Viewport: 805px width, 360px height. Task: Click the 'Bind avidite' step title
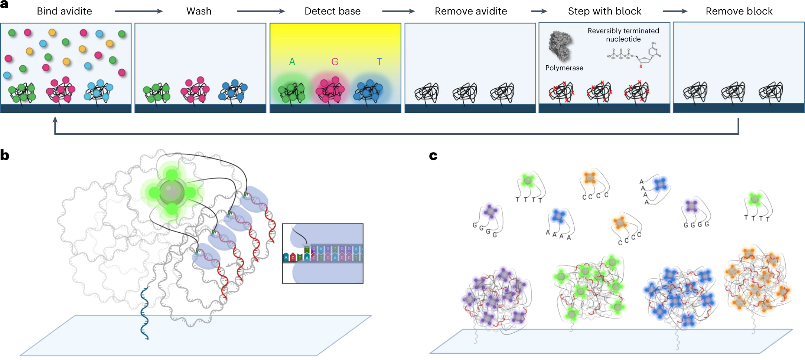pyautogui.click(x=64, y=11)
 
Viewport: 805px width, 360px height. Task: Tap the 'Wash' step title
pyautogui.click(x=199, y=11)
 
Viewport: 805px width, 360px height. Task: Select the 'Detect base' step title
pyautogui.click(x=332, y=11)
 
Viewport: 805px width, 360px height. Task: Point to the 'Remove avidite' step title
pyautogui.click(x=470, y=11)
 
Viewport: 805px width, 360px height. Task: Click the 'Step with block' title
pyautogui.click(x=604, y=11)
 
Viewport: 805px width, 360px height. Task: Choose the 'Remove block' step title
pyautogui.click(x=739, y=11)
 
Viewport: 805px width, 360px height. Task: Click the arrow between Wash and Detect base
pyautogui.click(x=261, y=11)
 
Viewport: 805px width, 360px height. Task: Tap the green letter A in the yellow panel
pyautogui.click(x=292, y=62)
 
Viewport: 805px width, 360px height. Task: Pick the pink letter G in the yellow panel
pyautogui.click(x=335, y=62)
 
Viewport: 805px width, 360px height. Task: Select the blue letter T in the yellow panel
pyautogui.click(x=379, y=62)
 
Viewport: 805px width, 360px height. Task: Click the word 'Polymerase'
pyautogui.click(x=564, y=68)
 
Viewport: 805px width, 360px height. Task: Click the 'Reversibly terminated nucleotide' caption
pyautogui.click(x=623, y=35)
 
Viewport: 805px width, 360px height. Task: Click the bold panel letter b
pyautogui.click(x=5, y=155)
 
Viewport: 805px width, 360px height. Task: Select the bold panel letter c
pyautogui.click(x=433, y=156)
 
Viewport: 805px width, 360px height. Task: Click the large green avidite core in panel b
pyautogui.click(x=172, y=192)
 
